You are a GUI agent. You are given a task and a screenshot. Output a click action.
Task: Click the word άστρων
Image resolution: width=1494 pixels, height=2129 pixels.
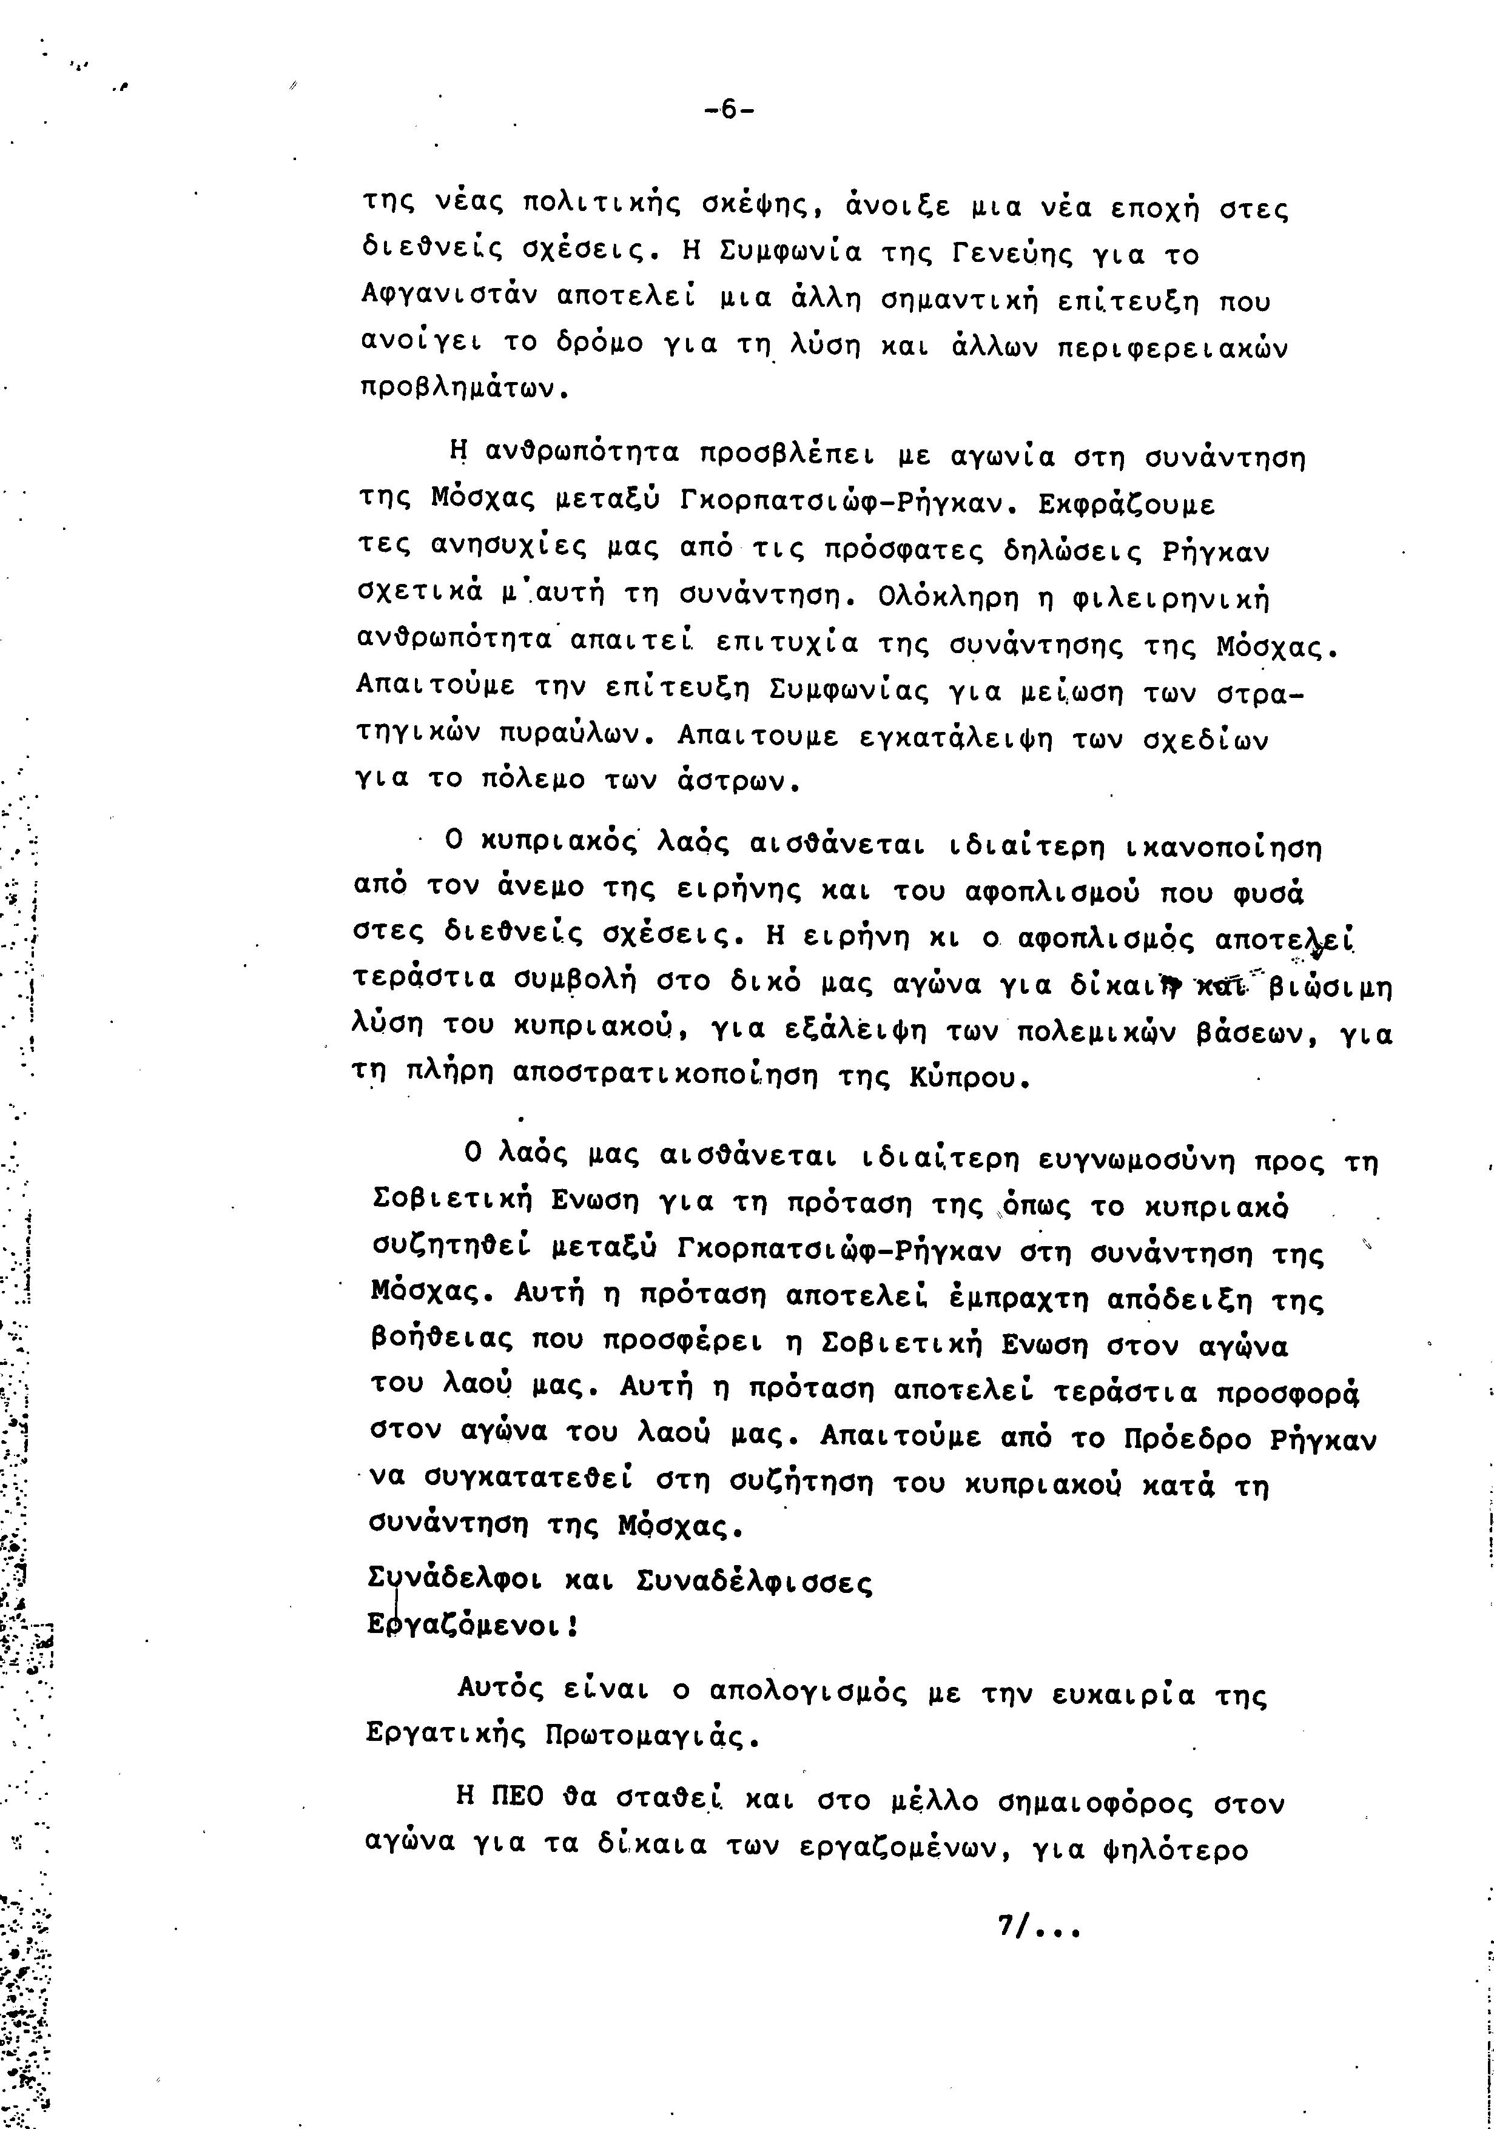tap(736, 781)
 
